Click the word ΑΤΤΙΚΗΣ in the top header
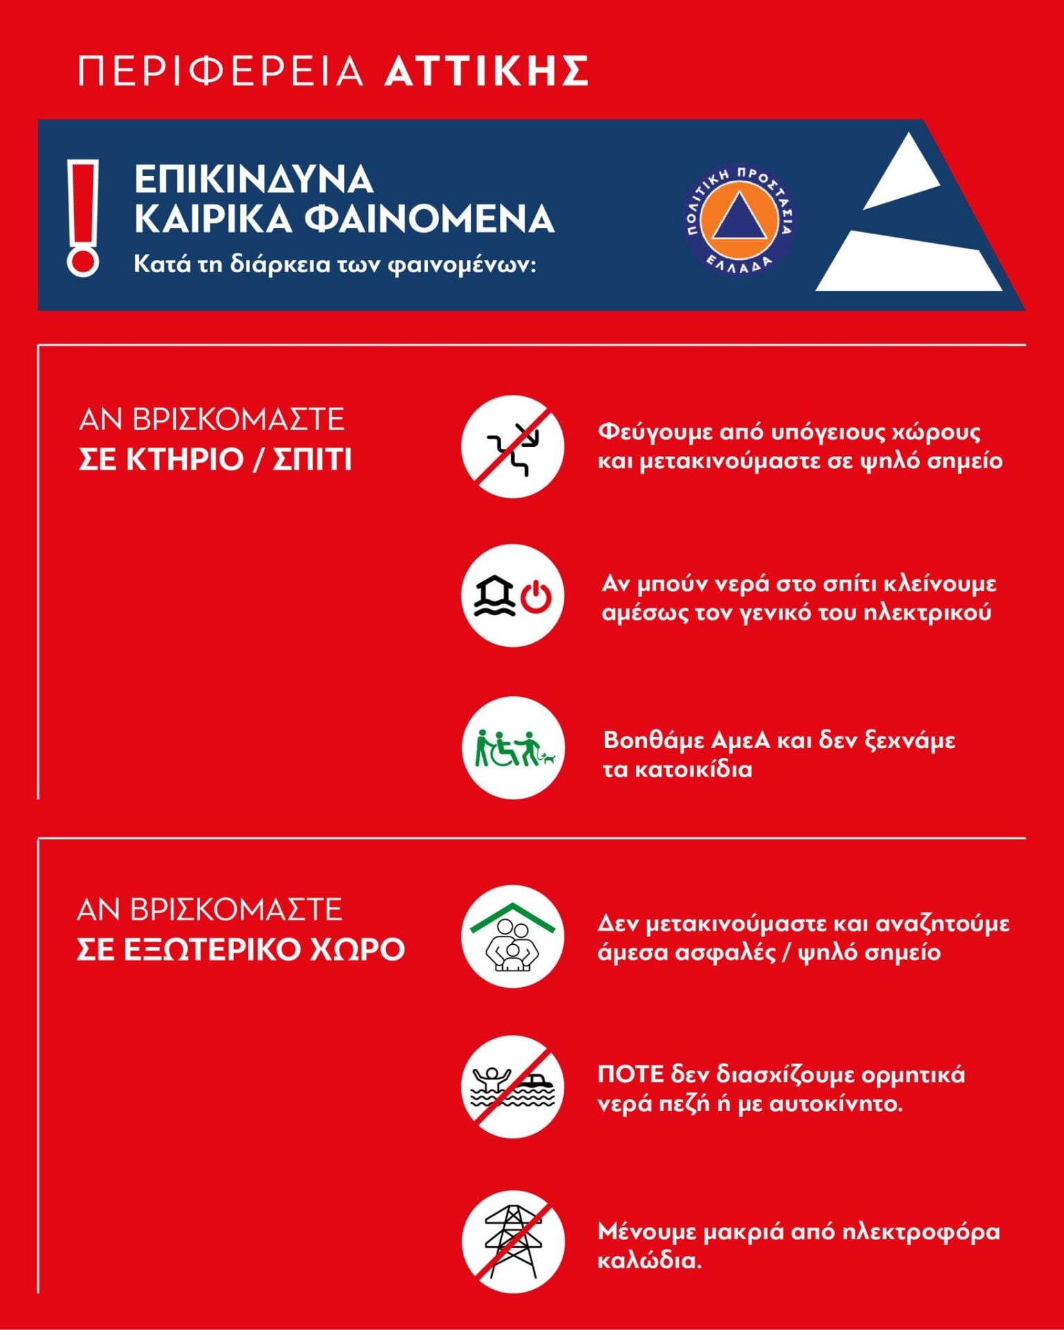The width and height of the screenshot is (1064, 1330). point(486,71)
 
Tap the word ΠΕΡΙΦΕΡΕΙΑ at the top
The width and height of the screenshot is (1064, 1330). point(220,71)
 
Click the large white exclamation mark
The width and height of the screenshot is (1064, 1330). point(83,218)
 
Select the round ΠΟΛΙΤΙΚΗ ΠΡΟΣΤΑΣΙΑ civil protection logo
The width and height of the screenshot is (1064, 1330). point(739,218)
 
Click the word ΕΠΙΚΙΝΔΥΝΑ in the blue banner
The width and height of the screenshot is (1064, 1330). point(254,179)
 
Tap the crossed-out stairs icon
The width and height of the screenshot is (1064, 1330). point(513,446)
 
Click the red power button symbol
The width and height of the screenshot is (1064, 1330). point(536,597)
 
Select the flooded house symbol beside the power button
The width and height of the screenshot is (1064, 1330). point(494,597)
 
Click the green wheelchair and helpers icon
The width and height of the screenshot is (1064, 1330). point(513,748)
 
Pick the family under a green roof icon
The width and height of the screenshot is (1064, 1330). point(513,937)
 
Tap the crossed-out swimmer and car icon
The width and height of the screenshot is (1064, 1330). point(513,1086)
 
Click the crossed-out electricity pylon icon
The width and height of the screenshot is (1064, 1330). point(513,1241)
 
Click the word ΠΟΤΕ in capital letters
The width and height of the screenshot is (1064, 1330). point(630,1074)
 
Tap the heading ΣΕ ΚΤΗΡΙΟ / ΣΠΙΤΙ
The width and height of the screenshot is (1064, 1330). point(215,460)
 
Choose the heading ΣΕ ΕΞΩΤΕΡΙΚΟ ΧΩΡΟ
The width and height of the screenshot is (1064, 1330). point(240,949)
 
